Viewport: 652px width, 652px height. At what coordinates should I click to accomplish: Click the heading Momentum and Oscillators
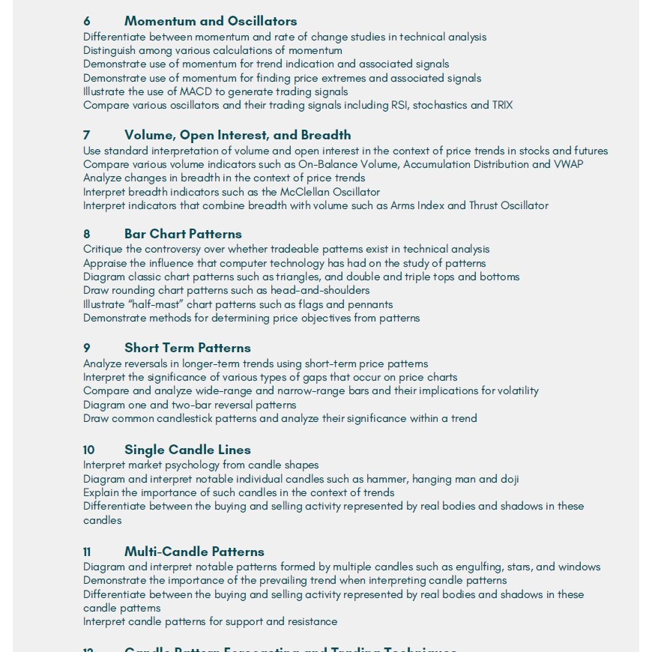pyautogui.click(x=211, y=21)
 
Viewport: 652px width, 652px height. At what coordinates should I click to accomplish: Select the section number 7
pyautogui.click(x=86, y=135)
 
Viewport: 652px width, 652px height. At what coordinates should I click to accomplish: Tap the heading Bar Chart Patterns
pyautogui.click(x=183, y=234)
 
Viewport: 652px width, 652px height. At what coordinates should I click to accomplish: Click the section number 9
pyautogui.click(x=86, y=348)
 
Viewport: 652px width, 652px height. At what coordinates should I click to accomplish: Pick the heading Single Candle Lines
pyautogui.click(x=187, y=450)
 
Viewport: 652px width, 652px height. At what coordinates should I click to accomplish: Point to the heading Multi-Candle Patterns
pyautogui.click(x=194, y=552)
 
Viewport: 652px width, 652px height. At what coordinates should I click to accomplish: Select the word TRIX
pyautogui.click(x=502, y=105)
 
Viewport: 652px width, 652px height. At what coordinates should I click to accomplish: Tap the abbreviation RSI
pyautogui.click(x=400, y=105)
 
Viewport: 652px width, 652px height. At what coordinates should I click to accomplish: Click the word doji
pyautogui.click(x=510, y=479)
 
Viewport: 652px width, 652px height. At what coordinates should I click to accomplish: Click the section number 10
pyautogui.click(x=88, y=450)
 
